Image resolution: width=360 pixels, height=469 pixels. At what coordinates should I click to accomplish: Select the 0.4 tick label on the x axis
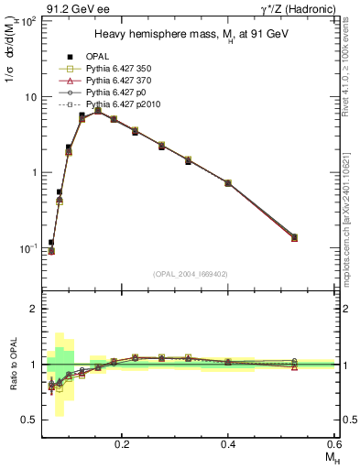[228, 442]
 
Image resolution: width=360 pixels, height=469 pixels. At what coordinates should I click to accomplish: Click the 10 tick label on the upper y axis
[31, 96]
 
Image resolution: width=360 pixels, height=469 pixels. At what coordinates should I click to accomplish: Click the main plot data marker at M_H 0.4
[228, 183]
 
